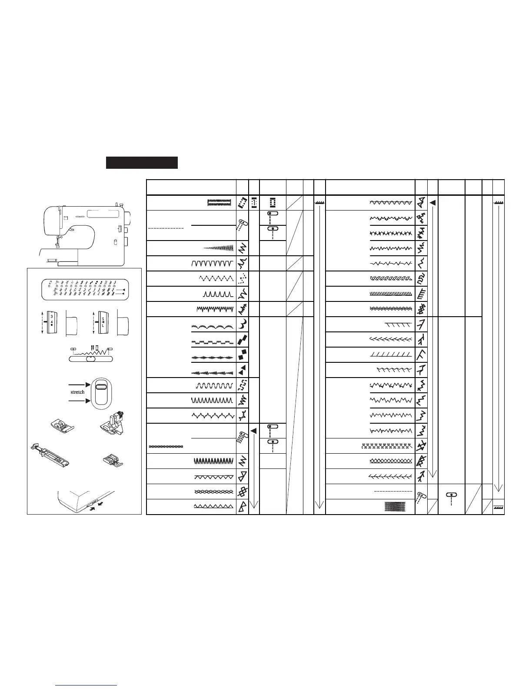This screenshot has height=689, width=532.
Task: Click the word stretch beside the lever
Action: pos(77,392)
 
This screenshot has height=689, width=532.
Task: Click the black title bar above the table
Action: pos(142,162)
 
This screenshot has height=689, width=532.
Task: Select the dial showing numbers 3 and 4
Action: pos(52,324)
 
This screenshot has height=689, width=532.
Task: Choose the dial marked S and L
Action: pos(103,324)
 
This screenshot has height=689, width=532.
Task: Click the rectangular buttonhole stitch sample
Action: pos(219,203)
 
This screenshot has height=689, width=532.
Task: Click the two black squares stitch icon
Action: pos(243,355)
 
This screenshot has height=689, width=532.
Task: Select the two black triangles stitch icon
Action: pos(243,370)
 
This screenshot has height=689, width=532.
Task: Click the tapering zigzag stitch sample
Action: pos(219,248)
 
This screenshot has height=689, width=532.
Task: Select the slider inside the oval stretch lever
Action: pos(101,386)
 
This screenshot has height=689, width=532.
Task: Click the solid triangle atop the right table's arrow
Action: pos(432,203)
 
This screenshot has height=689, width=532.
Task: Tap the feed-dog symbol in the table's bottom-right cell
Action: pos(499,507)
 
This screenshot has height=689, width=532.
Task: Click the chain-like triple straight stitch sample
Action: pos(166,447)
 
